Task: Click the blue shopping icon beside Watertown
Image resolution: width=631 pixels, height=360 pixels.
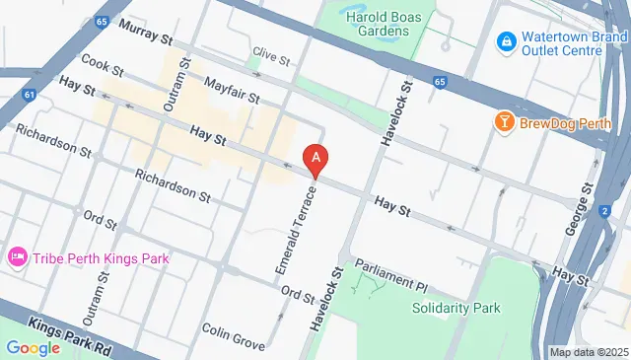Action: pos(507,39)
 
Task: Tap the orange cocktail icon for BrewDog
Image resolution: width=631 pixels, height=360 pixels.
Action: pos(505,123)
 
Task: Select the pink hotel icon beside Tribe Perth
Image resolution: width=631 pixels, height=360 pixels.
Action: pos(17,257)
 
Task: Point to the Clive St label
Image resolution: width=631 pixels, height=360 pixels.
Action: pos(270,55)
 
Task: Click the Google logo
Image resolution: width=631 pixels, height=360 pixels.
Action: pos(33,347)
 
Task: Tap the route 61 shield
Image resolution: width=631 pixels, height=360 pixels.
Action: pos(30,95)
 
